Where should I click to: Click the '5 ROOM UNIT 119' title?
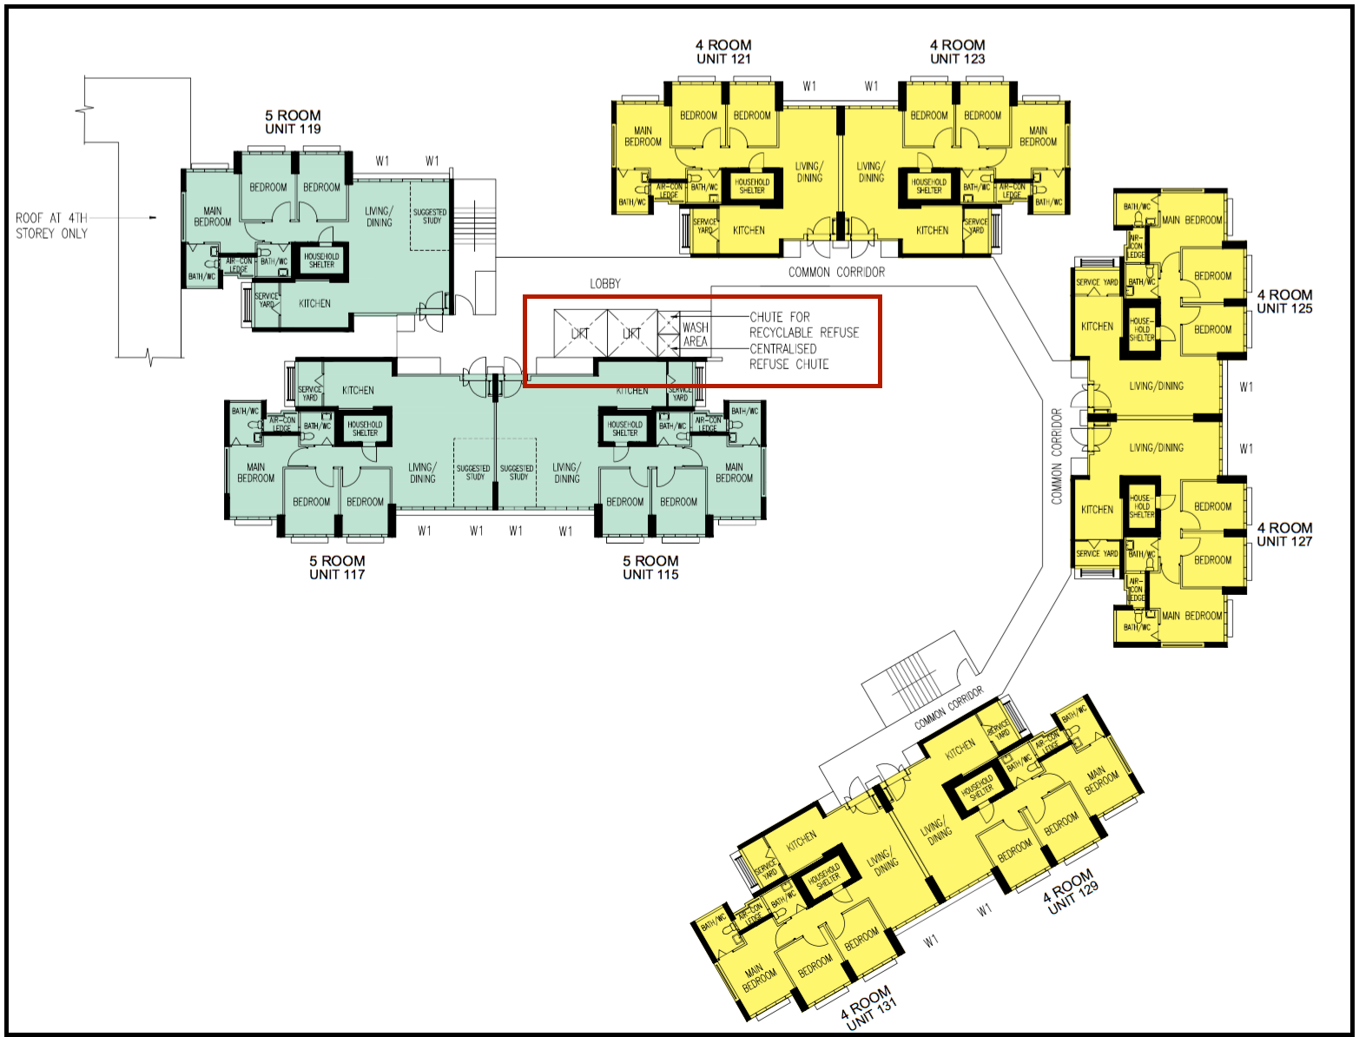click(293, 122)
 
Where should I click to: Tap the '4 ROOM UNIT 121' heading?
click(723, 52)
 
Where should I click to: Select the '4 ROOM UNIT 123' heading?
click(957, 52)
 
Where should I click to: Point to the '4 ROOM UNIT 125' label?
click(1284, 301)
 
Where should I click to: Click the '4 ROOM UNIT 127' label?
click(1284, 534)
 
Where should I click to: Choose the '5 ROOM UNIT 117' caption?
click(337, 567)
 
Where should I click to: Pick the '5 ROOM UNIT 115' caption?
click(650, 567)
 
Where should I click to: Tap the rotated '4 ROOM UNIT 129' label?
click(1072, 892)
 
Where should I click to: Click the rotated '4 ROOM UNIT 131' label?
click(868, 1007)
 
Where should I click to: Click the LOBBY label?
click(605, 284)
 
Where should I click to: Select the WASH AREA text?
click(696, 334)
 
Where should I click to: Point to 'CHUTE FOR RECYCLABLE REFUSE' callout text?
click(803, 325)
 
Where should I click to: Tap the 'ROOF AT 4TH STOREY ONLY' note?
click(52, 226)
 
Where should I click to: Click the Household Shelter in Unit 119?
click(321, 261)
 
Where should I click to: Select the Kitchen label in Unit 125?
click(1097, 327)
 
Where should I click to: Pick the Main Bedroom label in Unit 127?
click(1191, 616)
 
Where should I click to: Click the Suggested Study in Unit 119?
click(430, 216)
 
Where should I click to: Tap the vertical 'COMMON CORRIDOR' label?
click(1057, 456)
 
